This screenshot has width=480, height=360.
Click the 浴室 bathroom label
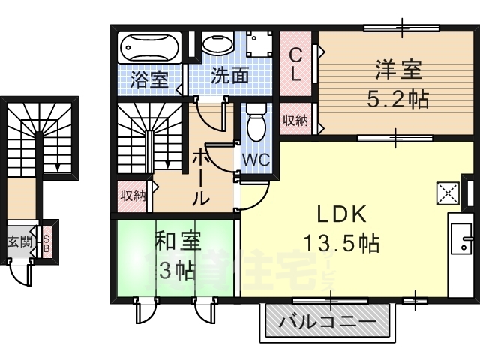[x=148, y=77]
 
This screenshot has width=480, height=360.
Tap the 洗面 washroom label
[x=229, y=77]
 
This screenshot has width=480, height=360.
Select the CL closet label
[x=296, y=63]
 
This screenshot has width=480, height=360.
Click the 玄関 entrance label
[x=19, y=242]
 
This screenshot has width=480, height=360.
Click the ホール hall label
[x=201, y=177]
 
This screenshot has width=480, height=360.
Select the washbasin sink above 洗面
[x=217, y=43]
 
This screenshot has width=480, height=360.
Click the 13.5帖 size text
[x=341, y=243]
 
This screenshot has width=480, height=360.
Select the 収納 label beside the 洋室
[x=295, y=121]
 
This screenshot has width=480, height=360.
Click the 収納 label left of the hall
[x=133, y=196]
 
